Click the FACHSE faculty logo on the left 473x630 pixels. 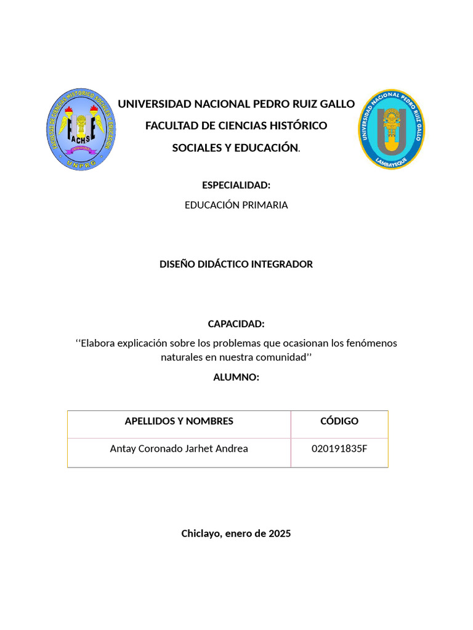click(81, 130)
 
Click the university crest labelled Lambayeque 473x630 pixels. click(392, 129)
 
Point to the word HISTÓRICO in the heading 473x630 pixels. click(297, 126)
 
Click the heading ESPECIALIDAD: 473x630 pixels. click(236, 185)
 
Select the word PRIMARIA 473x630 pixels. click(265, 205)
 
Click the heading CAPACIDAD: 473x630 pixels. click(236, 324)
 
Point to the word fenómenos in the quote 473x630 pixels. click(371, 343)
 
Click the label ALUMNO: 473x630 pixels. click(236, 377)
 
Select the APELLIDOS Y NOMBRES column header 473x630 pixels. click(179, 421)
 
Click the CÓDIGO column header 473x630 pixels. click(339, 421)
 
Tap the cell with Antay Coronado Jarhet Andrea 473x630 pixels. click(179, 449)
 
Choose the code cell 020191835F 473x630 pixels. click(339, 449)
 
